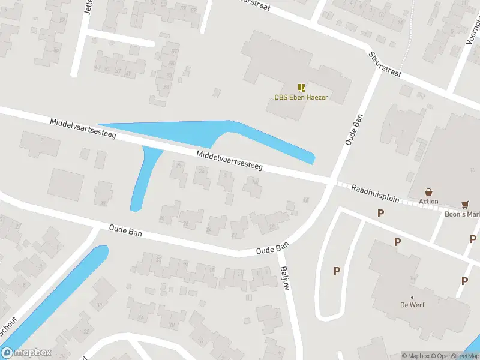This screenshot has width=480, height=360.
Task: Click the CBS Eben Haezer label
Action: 301,97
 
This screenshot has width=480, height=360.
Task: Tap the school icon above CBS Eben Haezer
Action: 301,88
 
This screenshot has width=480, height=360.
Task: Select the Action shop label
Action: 428,202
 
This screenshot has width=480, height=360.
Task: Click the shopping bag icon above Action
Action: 428,191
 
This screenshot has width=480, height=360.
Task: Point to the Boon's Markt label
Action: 463,214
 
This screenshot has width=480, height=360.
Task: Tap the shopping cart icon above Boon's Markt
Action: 465,205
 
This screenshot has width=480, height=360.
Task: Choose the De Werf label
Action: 412,304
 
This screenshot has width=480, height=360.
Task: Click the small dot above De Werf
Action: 412,297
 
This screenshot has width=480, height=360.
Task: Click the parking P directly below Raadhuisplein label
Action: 380,213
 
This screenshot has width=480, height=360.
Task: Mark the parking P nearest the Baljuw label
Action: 337,271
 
